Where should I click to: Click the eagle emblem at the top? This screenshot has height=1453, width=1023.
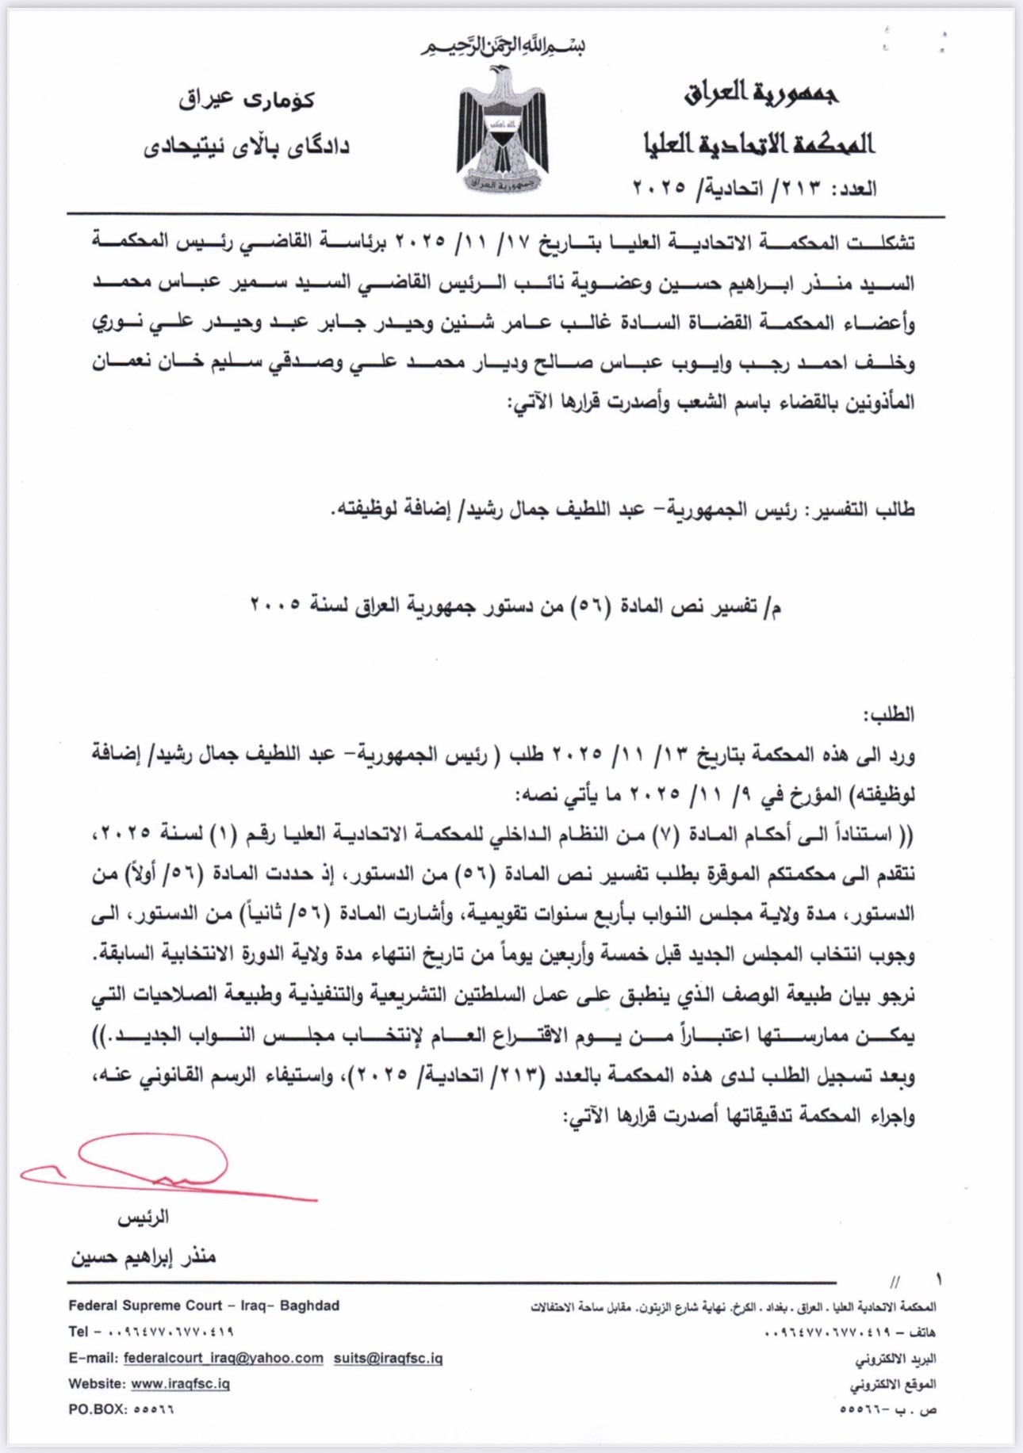click(501, 129)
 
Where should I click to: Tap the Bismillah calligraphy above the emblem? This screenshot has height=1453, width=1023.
click(502, 47)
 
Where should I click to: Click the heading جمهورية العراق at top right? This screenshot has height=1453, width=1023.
click(761, 94)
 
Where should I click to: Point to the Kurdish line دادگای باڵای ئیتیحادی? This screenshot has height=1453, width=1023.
click(246, 147)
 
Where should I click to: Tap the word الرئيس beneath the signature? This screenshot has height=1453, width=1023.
click(144, 1218)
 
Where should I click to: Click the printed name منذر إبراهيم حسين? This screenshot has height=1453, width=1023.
click(144, 1257)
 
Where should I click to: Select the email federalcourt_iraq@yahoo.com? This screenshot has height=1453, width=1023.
click(223, 1358)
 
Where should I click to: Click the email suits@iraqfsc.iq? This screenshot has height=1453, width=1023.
click(388, 1358)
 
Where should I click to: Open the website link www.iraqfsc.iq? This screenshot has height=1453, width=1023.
click(180, 1383)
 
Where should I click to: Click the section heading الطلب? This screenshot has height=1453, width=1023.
click(889, 714)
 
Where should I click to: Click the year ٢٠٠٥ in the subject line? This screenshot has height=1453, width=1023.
click(274, 606)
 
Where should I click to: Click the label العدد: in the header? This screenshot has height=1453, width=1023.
click(854, 189)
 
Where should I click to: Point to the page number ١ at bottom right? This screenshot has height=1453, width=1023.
click(939, 1279)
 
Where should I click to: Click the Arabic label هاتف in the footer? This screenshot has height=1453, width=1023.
click(923, 1333)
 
